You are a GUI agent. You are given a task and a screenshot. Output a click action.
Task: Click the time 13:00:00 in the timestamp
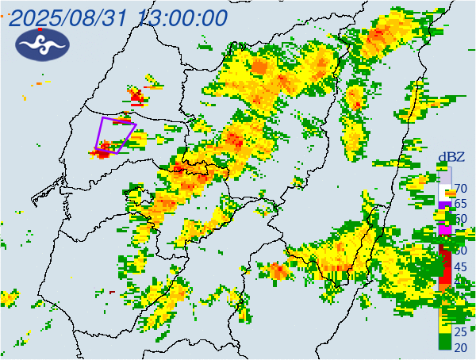[x=181, y=18]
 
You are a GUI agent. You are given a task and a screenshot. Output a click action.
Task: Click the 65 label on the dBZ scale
[x=460, y=204]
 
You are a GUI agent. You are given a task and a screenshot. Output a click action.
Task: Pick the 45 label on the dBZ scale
[x=460, y=266]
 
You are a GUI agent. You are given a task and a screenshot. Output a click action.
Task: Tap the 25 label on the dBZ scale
[x=460, y=331]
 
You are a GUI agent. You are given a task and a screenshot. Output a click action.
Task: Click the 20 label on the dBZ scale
[x=460, y=347]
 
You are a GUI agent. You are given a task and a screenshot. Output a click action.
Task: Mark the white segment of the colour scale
[x=445, y=191]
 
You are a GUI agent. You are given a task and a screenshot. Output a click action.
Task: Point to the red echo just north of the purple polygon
[x=139, y=98]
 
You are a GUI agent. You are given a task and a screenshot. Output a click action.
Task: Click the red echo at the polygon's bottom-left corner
[x=102, y=151]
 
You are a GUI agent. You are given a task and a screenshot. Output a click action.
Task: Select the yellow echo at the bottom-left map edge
[x=8, y=298]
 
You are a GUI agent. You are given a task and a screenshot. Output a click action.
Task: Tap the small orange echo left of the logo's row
[x=38, y=83]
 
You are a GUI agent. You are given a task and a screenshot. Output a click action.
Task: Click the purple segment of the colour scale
[x=445, y=205]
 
